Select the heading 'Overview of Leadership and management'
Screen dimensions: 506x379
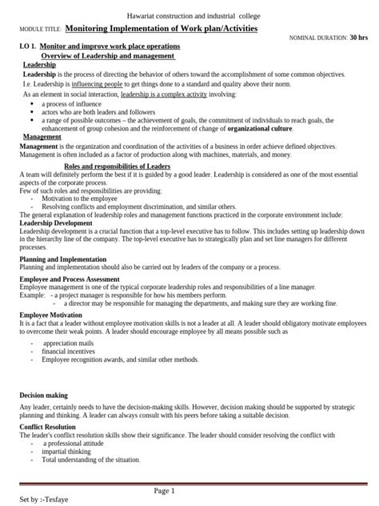tap(107, 56)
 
